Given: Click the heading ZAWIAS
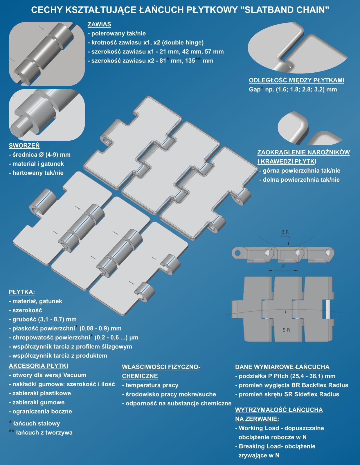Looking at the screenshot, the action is pos(99,24).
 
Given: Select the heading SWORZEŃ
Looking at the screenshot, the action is pos(24,146).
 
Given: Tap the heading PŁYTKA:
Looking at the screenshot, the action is pos(22,292).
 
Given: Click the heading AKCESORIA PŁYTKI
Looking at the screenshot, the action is pos(39,366).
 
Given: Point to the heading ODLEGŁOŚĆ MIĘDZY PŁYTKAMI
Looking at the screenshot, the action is pos(296,80).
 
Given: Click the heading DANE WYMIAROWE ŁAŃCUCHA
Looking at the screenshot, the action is pos(282,367).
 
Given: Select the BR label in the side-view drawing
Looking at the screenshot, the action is pos(285,232).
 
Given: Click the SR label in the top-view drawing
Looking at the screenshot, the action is pos(286,330).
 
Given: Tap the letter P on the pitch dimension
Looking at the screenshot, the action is pos(283,266).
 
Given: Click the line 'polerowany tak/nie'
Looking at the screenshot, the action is pos(118,34).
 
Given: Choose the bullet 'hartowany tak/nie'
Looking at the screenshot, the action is pos(38,173).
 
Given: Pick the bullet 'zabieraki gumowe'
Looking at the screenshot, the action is pos(39,402).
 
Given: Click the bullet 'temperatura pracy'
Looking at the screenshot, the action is pos(152,385).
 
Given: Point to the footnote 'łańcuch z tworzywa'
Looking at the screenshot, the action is pos(44,432).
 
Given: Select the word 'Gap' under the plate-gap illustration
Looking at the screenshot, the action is pos(255,90).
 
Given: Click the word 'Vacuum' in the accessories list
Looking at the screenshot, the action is pos(75,375).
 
